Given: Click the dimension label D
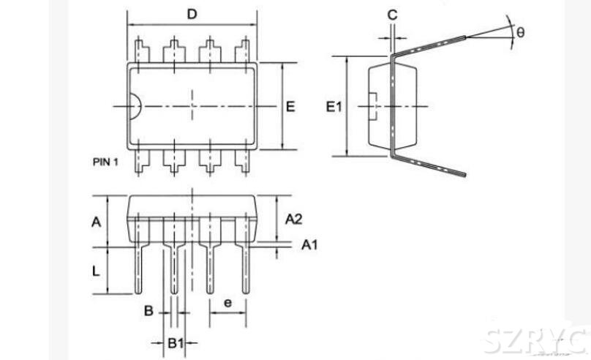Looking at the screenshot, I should [192, 14].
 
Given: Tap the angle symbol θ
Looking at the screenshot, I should [520, 32].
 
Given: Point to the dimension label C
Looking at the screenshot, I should [393, 15].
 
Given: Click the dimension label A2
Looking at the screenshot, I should [294, 219].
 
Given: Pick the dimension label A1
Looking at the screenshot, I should [310, 245].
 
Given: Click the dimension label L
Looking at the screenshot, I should [96, 271].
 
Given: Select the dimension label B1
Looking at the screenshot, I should [174, 342].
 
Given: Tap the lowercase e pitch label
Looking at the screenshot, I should [227, 301].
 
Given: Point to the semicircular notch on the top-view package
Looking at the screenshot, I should [136, 108].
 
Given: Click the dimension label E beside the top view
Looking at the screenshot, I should [290, 107].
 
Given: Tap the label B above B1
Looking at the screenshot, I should [148, 311].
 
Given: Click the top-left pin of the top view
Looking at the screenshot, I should [140, 51].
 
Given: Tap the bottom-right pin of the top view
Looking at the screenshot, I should [242, 162].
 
